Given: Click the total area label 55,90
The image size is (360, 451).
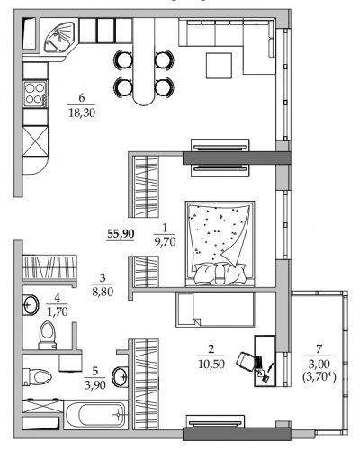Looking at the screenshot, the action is click(x=121, y=233).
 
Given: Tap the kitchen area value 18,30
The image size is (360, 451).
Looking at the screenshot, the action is click(x=82, y=113).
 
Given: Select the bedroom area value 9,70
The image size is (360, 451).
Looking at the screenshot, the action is click(x=165, y=241).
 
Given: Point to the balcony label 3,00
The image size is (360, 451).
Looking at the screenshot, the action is click(x=319, y=364).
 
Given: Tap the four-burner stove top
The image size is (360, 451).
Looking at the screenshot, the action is click(x=35, y=93).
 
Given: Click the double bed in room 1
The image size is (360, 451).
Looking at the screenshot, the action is click(x=220, y=243).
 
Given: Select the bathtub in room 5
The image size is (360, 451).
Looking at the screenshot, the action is click(x=95, y=414).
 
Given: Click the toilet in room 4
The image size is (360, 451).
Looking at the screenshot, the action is click(x=48, y=335).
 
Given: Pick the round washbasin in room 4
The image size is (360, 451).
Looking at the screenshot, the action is click(x=31, y=305).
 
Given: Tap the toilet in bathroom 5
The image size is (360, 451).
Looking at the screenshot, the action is click(x=37, y=376).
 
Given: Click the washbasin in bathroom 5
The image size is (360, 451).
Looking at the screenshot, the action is click(x=120, y=376).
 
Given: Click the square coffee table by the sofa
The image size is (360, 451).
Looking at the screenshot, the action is click(x=219, y=66).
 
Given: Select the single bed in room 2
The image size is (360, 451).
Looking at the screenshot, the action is click(x=215, y=309).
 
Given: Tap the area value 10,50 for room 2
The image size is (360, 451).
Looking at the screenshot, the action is click(x=211, y=364).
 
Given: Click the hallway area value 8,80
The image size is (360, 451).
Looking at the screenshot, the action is click(x=103, y=292).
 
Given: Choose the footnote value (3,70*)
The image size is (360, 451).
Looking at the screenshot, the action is click(x=319, y=376).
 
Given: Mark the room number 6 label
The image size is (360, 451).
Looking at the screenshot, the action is click(x=82, y=98).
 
